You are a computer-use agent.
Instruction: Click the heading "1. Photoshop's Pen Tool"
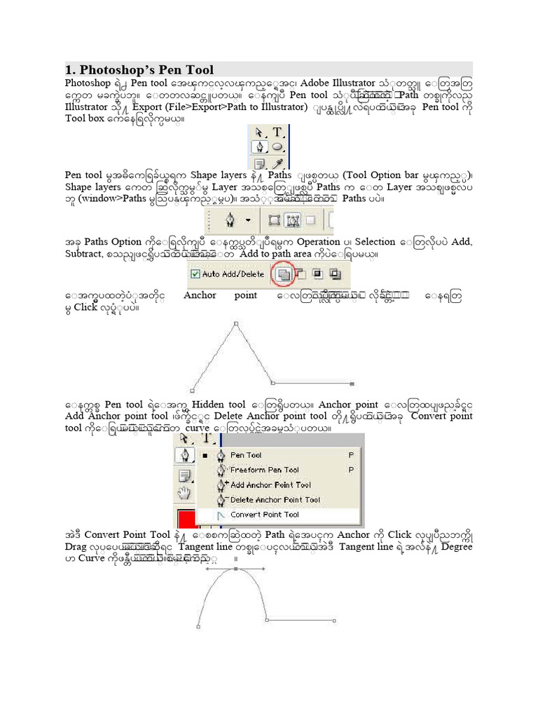[x=139, y=70]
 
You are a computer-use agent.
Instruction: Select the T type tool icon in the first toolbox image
[x=277, y=132]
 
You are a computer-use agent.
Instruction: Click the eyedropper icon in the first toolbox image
[x=277, y=163]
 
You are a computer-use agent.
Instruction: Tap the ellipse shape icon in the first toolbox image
[x=277, y=147]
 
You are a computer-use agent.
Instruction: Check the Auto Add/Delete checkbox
[x=195, y=274]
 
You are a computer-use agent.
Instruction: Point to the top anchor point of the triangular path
[x=236, y=323]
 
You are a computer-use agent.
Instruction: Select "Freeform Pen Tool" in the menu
[x=263, y=470]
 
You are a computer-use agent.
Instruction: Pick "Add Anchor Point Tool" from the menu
[x=270, y=485]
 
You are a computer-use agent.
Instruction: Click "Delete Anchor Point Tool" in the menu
[x=275, y=499]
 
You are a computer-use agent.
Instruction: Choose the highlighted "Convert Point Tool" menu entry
[x=265, y=515]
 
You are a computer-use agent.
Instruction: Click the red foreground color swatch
[x=186, y=520]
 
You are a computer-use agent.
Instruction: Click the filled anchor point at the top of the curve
[x=236, y=567]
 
